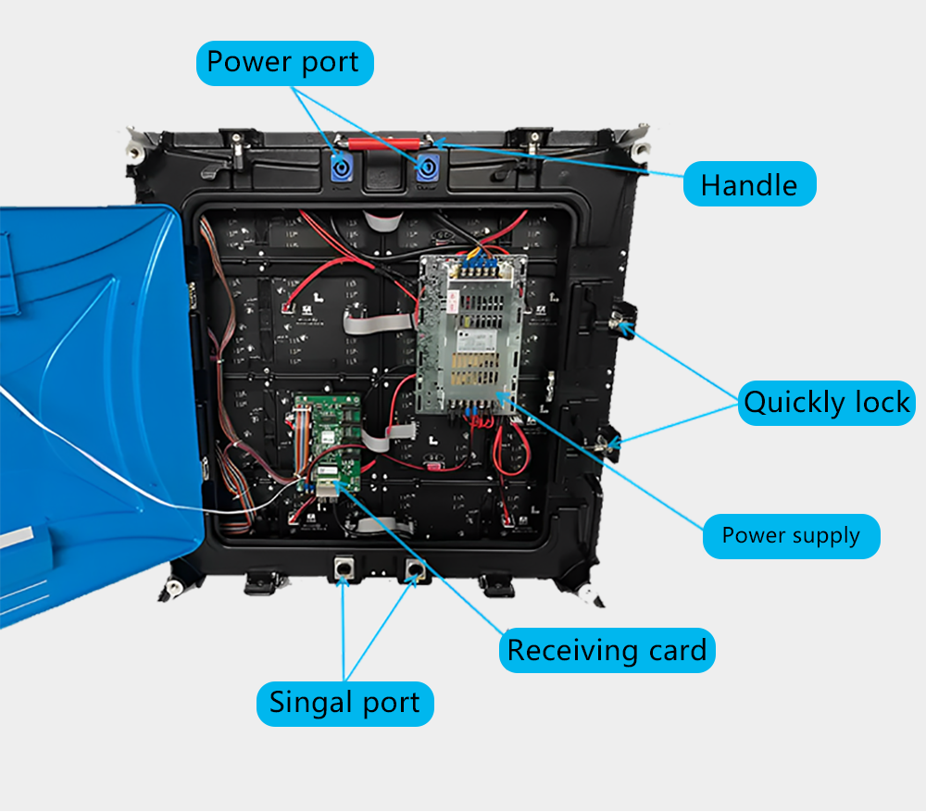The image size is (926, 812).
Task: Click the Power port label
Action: (x=283, y=63)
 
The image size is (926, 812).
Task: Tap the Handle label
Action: (x=749, y=184)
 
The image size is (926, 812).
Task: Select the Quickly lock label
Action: (x=827, y=403)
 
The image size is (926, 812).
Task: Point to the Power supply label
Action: (x=791, y=536)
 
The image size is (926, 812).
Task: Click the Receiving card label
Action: (x=607, y=651)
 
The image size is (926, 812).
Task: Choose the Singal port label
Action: (x=344, y=703)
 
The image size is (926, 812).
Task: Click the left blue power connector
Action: (x=343, y=166)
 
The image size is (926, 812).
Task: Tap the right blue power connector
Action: (x=429, y=168)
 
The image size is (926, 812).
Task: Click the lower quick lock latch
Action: (x=610, y=443)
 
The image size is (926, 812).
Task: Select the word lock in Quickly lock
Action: (x=873, y=403)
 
